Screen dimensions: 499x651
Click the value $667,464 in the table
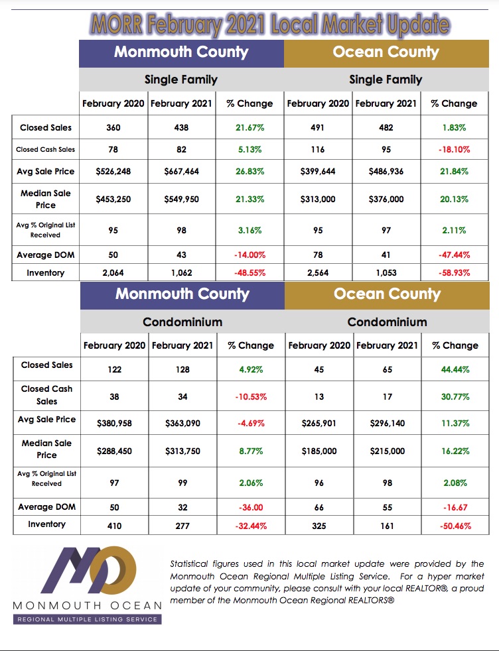[x=182, y=172]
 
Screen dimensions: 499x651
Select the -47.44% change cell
[x=454, y=255]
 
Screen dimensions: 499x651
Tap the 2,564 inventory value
[x=318, y=272]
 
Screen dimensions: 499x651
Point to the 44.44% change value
[x=455, y=369]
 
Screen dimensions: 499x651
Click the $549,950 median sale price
[x=182, y=200]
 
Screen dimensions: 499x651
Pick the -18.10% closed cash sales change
[x=454, y=149]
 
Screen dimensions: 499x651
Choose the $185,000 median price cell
[x=319, y=451]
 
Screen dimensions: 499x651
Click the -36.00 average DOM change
[x=251, y=507]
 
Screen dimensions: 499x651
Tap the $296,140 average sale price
[x=388, y=424]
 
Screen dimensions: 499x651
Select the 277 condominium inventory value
[x=182, y=526]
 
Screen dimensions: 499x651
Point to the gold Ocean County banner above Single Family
[x=386, y=54]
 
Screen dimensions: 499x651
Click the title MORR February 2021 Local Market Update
[x=270, y=25]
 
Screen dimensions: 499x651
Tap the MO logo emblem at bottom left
[x=89, y=570]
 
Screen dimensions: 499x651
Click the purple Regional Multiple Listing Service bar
[x=87, y=619]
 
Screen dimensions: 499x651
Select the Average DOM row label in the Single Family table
[x=46, y=255]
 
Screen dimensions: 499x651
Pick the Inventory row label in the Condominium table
[x=46, y=524]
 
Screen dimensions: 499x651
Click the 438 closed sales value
[x=182, y=127]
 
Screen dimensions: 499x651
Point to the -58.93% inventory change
[x=454, y=272]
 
